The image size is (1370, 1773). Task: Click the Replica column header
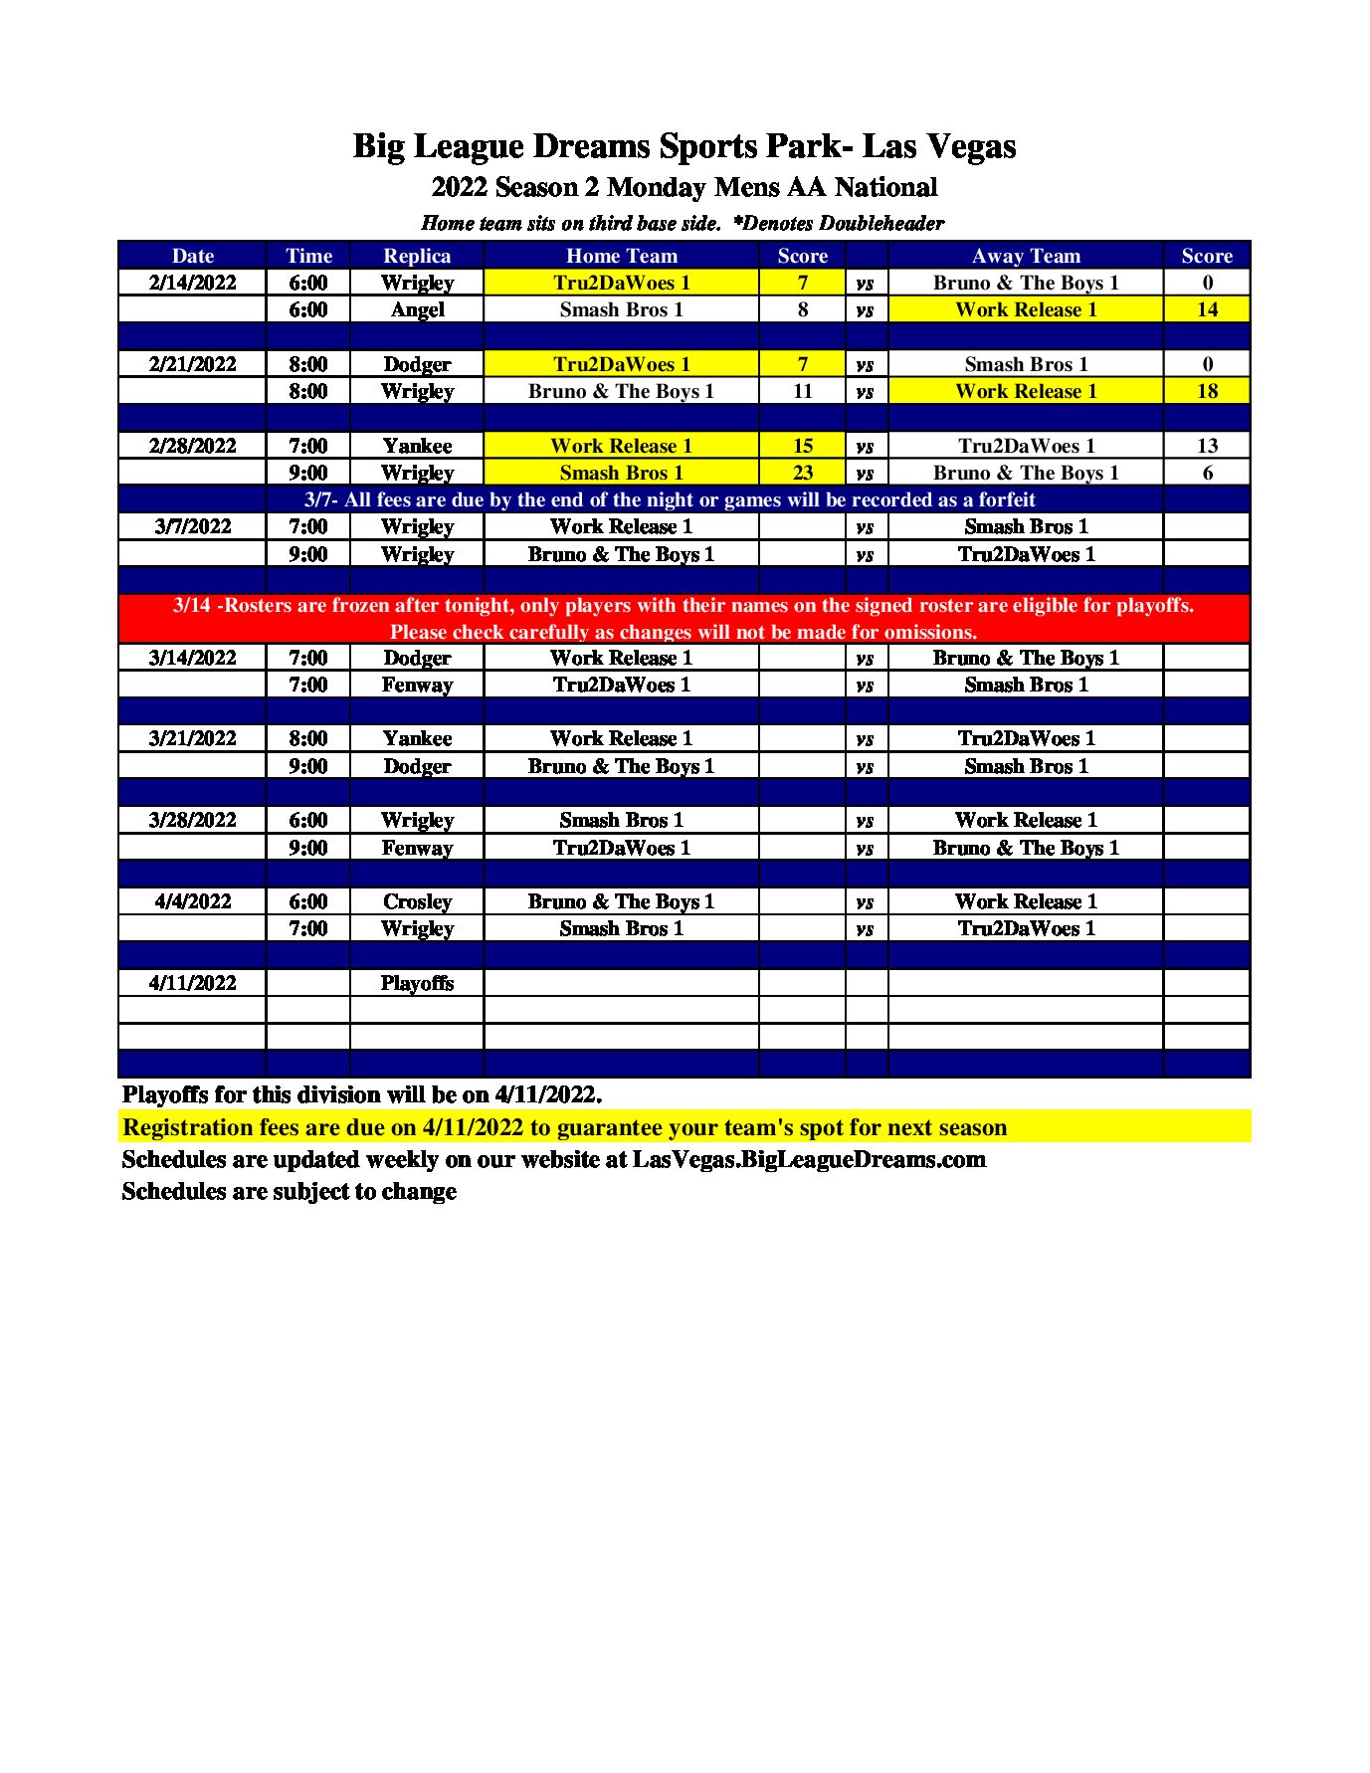417,256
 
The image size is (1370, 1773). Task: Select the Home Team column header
621,256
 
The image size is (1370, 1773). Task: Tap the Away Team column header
1025,256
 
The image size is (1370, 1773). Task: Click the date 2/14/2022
192,283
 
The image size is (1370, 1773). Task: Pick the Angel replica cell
417,309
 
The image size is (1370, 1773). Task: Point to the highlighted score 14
1207,309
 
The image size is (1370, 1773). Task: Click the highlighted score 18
1207,391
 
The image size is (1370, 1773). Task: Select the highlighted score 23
802,473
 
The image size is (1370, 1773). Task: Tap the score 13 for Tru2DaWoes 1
1207,446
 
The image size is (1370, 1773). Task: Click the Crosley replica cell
417,901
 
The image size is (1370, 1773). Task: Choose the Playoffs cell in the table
417,983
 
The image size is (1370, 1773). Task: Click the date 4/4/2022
192,901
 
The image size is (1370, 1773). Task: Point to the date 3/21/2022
192,738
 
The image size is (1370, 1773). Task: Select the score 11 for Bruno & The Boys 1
802,391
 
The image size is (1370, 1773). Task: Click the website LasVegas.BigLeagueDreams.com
809,1159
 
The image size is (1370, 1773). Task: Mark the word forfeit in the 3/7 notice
1002,499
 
